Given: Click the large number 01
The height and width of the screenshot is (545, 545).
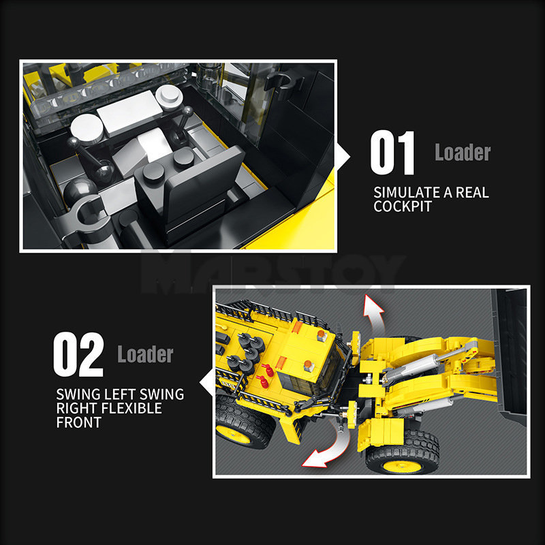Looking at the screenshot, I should [392, 154].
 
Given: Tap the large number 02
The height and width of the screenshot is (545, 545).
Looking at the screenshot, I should [78, 355].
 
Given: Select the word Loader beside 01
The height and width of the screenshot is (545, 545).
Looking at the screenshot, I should [463, 153].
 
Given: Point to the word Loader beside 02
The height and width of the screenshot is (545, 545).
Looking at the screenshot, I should [145, 354].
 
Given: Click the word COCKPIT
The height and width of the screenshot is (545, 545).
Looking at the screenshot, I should [403, 206].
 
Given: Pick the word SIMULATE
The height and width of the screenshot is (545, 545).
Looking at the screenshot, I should [406, 192].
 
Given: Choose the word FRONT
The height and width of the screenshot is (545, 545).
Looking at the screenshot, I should [78, 422].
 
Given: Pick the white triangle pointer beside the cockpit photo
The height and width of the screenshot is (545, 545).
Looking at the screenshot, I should [345, 156].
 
